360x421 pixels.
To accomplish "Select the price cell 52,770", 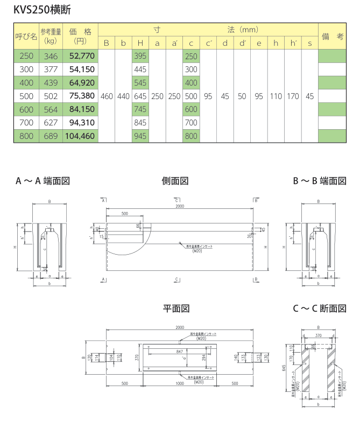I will pyautogui.click(x=80, y=56).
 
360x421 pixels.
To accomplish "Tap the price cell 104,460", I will pyautogui.click(x=80, y=136).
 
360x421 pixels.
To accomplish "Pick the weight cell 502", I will pyautogui.click(x=51, y=96).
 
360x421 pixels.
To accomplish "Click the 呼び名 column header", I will pyautogui.click(x=26, y=37).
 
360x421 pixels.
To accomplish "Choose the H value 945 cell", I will pyautogui.click(x=140, y=136).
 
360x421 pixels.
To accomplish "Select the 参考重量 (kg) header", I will pyautogui.click(x=51, y=37).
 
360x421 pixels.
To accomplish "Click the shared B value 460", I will pyautogui.click(x=107, y=96).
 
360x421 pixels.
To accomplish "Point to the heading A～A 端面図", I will pyautogui.click(x=43, y=181).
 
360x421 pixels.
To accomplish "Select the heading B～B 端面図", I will pyautogui.click(x=319, y=181).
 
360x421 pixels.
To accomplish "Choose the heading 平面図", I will pyautogui.click(x=176, y=308).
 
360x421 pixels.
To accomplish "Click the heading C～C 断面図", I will pyautogui.click(x=319, y=308).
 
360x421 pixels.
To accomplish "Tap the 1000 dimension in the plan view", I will pyautogui.click(x=180, y=383).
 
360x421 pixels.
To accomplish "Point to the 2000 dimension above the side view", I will pyautogui.click(x=179, y=206).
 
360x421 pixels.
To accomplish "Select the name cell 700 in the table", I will pyautogui.click(x=26, y=123).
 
